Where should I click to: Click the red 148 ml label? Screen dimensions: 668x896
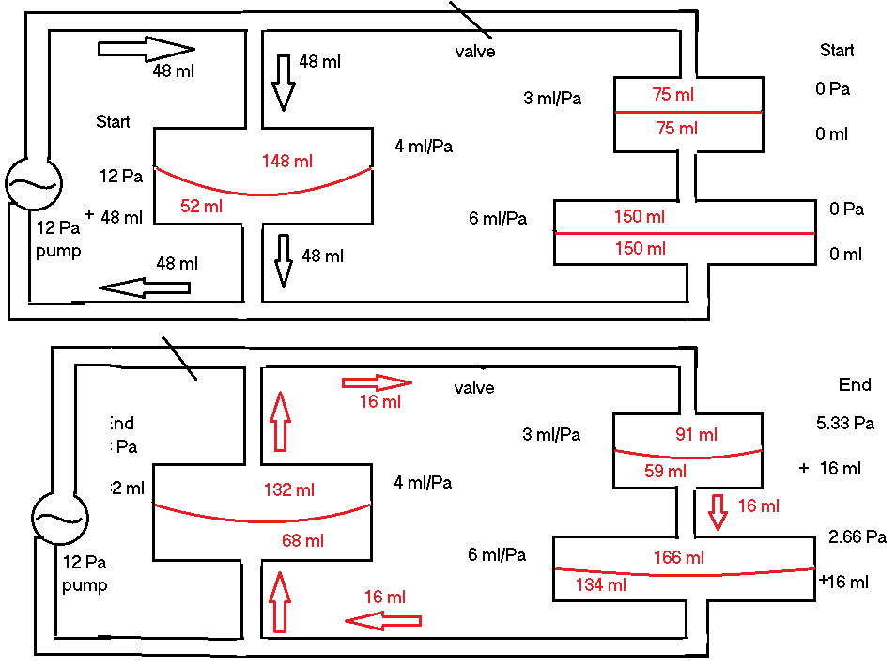click(x=286, y=162)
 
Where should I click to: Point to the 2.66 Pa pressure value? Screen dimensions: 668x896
click(x=857, y=537)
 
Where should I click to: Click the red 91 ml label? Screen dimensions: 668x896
click(x=696, y=435)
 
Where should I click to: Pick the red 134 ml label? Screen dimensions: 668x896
click(x=602, y=584)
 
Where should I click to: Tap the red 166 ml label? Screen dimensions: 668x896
click(x=678, y=558)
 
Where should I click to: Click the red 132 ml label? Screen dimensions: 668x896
click(x=289, y=489)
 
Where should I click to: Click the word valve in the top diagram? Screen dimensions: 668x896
click(x=474, y=52)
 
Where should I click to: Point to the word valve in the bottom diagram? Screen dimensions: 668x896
click(x=473, y=388)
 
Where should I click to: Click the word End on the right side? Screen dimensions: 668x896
click(x=855, y=384)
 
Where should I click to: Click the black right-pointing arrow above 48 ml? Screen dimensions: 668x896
click(x=146, y=48)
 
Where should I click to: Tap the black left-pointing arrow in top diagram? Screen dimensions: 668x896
click(x=145, y=287)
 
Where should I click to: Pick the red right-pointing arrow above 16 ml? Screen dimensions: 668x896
click(x=377, y=382)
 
